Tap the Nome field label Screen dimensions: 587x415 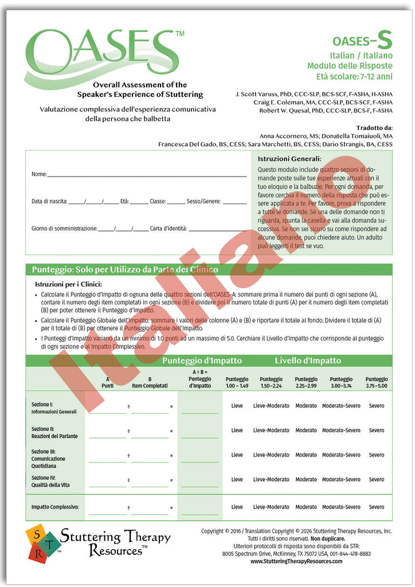[x=38, y=174]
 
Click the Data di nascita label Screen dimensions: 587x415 [x=49, y=202]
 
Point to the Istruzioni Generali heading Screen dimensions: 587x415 [x=289, y=159]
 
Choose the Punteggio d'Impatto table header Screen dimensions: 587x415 [x=202, y=361]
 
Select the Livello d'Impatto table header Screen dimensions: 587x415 [x=307, y=361]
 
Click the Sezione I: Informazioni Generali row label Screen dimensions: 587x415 [x=54, y=408]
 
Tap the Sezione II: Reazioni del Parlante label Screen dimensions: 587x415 [x=54, y=433]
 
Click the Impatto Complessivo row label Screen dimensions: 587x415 [x=55, y=507]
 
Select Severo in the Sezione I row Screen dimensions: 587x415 [x=377, y=406]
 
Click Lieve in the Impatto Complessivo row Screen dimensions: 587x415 [x=237, y=507]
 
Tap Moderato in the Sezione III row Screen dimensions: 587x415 [x=306, y=455]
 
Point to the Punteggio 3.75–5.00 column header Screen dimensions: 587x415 [x=377, y=382]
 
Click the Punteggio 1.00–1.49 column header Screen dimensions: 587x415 [x=237, y=382]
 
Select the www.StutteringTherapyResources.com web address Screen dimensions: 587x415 [x=296, y=562]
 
